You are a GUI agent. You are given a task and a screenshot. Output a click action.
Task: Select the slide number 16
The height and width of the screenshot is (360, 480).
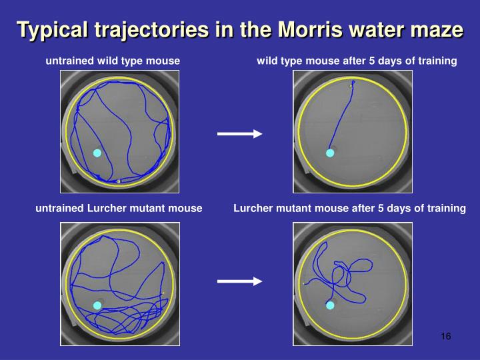tap(446, 336)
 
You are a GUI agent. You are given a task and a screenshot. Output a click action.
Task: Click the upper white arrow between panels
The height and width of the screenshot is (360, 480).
tap(239, 134)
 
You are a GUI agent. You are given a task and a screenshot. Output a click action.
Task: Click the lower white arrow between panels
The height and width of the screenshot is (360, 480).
tap(239, 281)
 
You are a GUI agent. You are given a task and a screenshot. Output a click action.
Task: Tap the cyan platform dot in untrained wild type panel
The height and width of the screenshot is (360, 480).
tap(97, 153)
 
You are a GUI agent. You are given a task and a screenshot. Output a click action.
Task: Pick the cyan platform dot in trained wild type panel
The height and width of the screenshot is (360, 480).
tap(329, 153)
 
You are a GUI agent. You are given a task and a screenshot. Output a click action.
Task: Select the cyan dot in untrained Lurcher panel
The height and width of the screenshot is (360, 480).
tap(97, 305)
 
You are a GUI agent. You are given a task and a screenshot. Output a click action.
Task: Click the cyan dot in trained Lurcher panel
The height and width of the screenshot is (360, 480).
tap(329, 305)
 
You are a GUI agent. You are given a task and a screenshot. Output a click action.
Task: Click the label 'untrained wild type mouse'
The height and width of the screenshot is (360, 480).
tap(113, 61)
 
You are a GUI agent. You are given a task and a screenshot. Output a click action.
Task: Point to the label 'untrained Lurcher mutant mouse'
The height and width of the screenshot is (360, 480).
tap(119, 209)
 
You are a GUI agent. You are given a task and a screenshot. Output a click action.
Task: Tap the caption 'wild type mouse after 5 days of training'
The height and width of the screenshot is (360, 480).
tap(357, 61)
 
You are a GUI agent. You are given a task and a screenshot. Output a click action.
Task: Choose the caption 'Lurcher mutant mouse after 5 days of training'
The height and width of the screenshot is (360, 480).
tap(349, 209)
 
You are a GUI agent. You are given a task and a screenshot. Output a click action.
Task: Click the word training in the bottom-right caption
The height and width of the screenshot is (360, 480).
tap(446, 209)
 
